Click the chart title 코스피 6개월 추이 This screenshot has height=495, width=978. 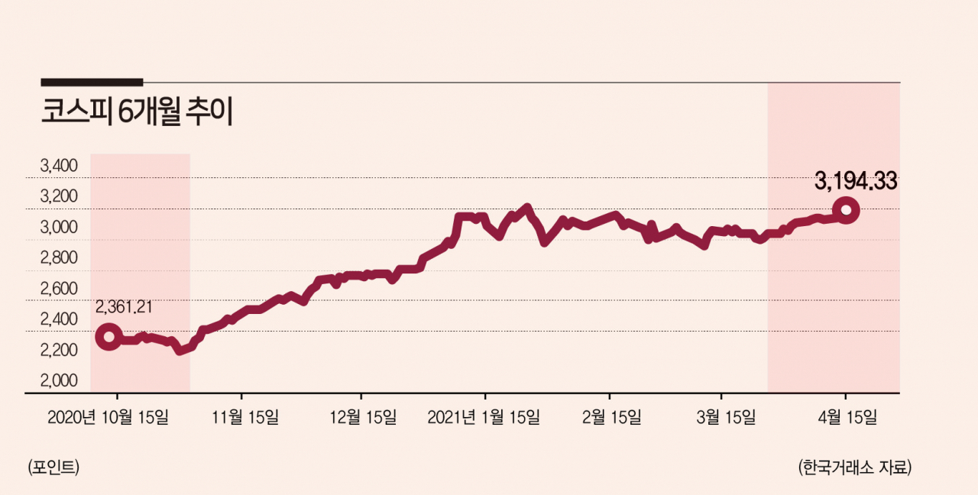(137, 112)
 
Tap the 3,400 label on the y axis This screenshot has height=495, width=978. (59, 166)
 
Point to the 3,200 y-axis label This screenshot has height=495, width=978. (59, 196)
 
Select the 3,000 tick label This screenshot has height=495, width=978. (59, 227)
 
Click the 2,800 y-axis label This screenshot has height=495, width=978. (59, 257)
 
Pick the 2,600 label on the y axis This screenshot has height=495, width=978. (59, 289)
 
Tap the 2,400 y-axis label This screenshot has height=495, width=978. (59, 319)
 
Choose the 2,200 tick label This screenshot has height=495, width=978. (59, 350)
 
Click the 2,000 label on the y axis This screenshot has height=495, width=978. (59, 380)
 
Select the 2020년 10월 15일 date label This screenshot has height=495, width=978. (108, 418)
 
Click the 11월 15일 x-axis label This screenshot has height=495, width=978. (245, 418)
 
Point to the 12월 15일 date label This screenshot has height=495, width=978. (363, 418)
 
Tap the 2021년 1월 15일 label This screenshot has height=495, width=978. (484, 418)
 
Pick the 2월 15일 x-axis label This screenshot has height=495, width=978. (612, 418)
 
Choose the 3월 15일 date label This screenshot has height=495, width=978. (726, 418)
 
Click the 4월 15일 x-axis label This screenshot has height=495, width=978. (847, 418)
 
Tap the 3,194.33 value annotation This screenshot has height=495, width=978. (856, 181)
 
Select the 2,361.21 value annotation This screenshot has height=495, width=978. (124, 307)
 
